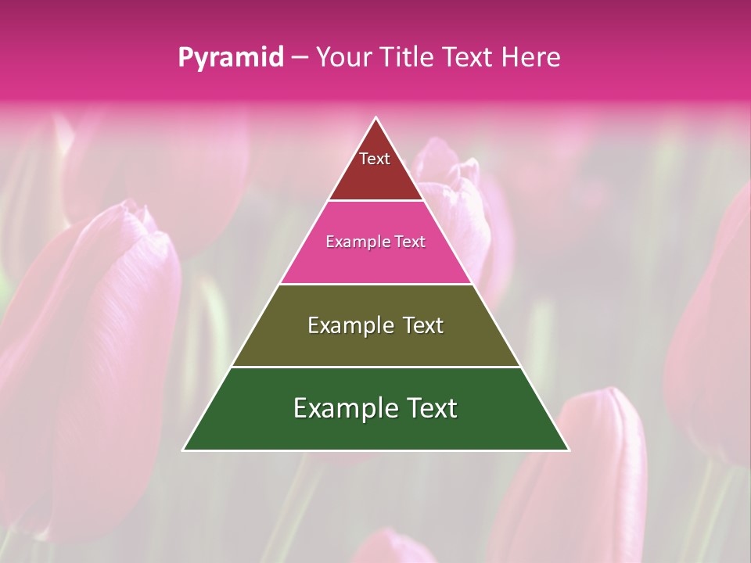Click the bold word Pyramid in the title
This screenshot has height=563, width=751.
click(x=231, y=58)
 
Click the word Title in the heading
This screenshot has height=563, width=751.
click(x=408, y=58)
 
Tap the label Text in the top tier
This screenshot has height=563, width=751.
click(x=375, y=159)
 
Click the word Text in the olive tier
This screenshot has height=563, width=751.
click(x=423, y=325)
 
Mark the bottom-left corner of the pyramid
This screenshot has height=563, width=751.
click(x=184, y=450)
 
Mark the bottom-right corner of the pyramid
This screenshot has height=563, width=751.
click(x=568, y=450)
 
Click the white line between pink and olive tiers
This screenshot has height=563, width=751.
click(x=375, y=284)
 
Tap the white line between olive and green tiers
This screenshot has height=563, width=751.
click(x=375, y=367)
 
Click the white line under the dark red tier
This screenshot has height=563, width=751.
click(x=375, y=201)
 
